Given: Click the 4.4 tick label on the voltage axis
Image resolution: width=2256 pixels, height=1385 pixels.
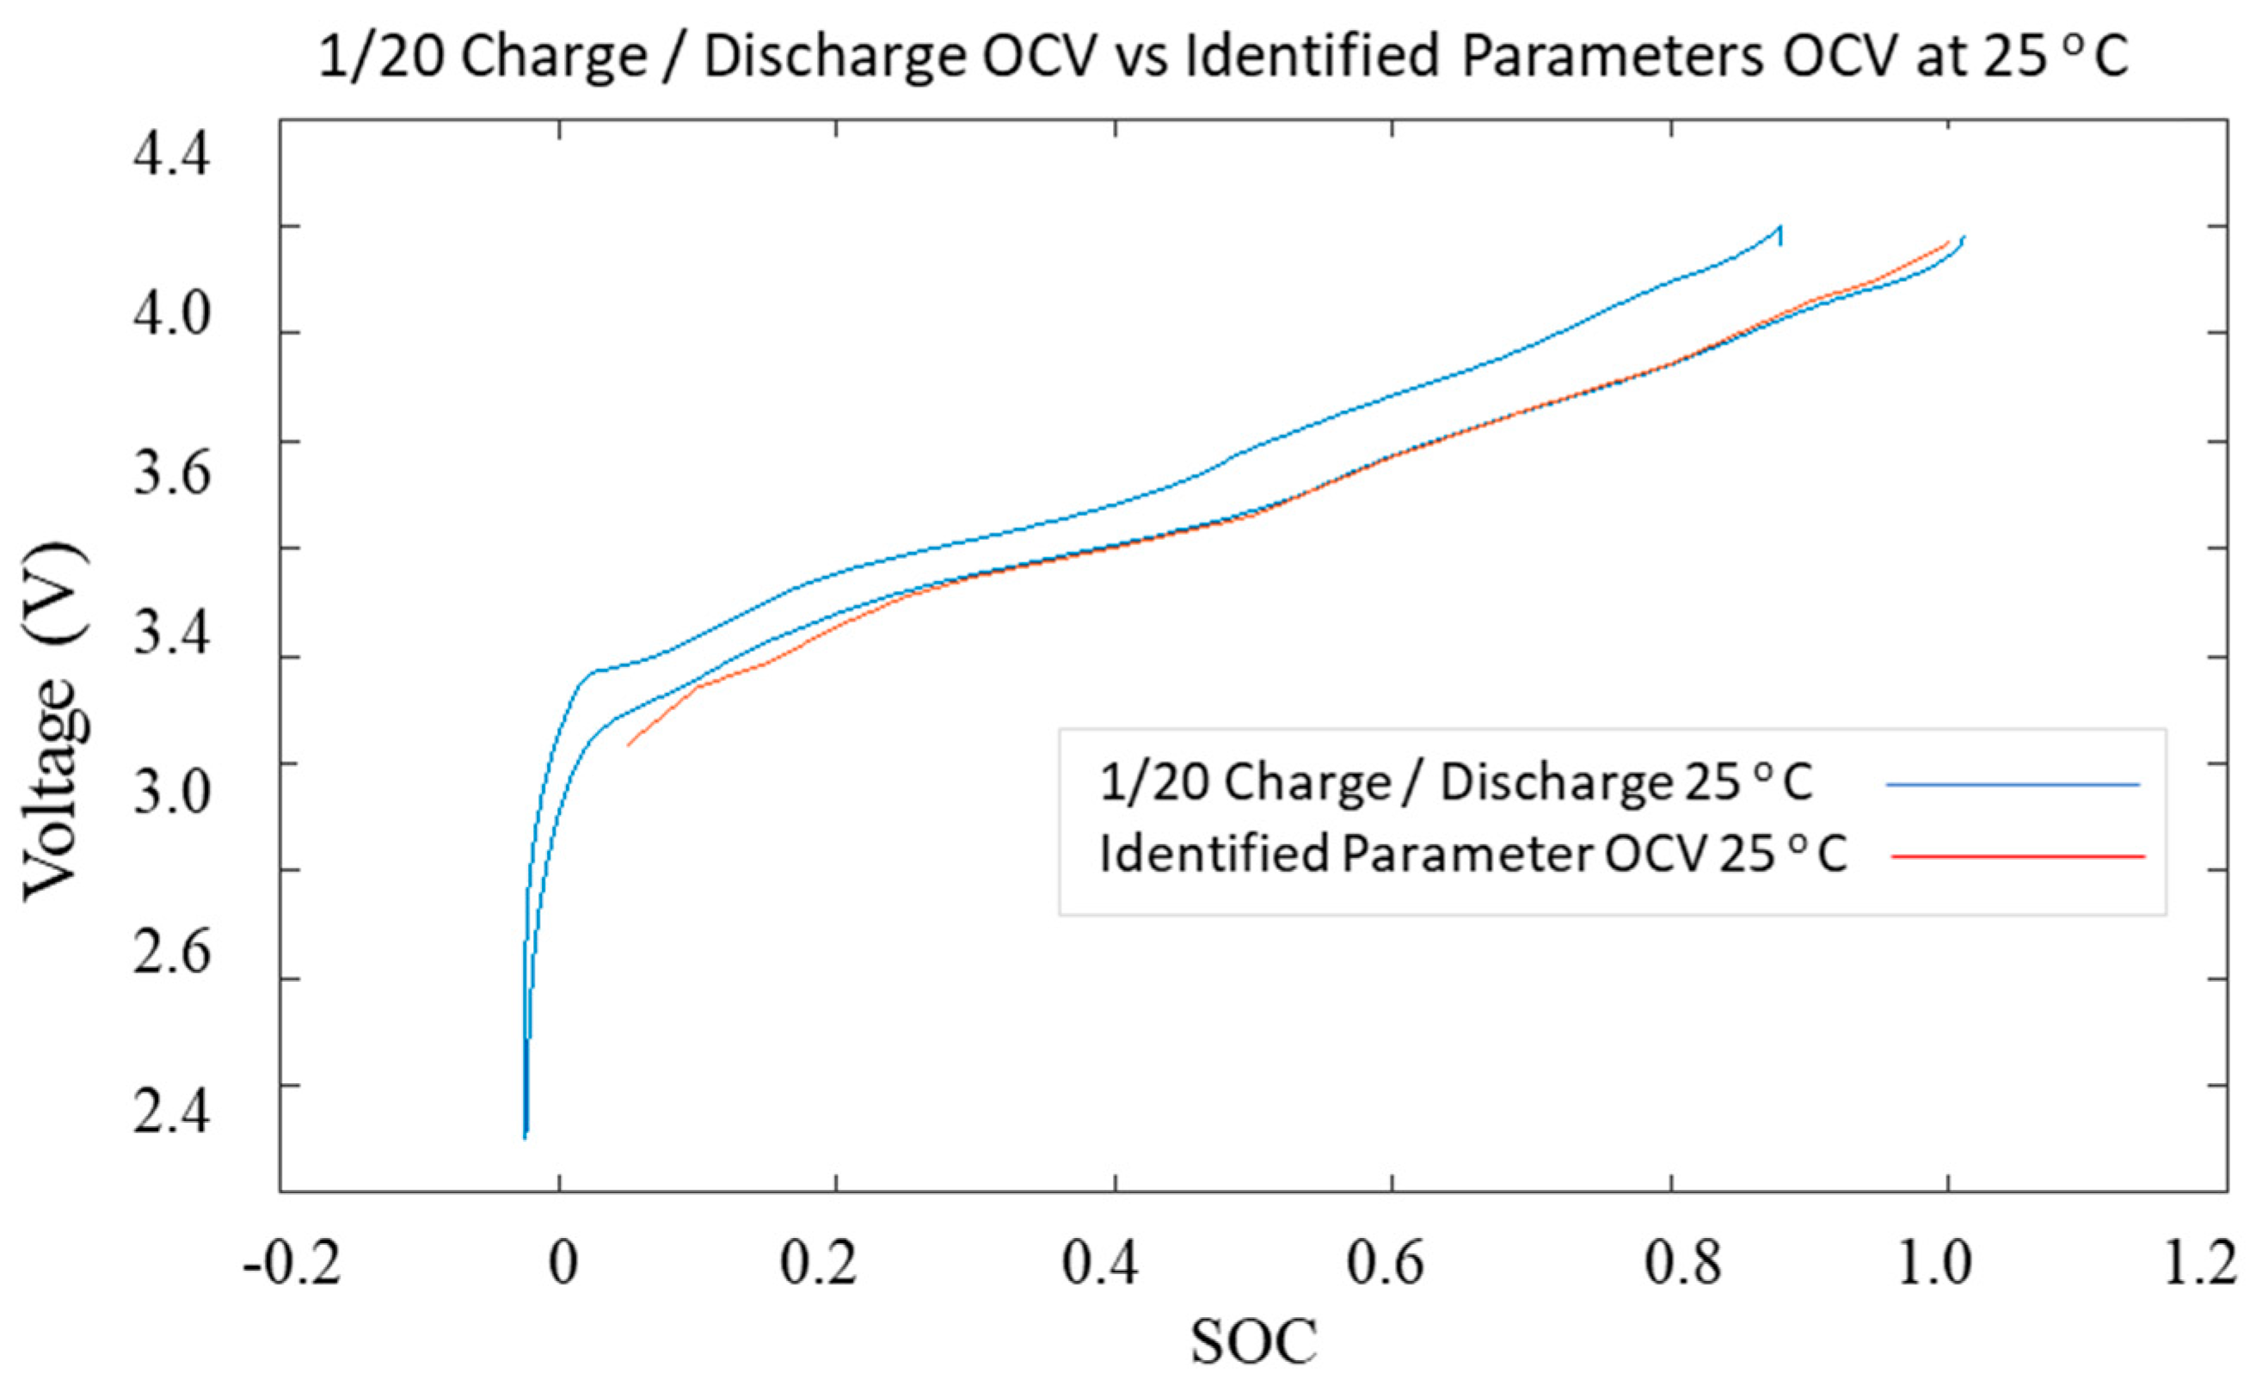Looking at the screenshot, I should pyautogui.click(x=171, y=154).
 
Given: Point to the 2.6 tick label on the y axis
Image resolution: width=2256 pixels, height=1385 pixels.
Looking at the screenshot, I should pyautogui.click(x=171, y=953).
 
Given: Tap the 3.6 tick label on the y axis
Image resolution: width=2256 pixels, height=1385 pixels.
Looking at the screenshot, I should pyautogui.click(x=171, y=474).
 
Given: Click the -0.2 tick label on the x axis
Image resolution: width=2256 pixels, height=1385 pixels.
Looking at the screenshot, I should pyautogui.click(x=292, y=1263).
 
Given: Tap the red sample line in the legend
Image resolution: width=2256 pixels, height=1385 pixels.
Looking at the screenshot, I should pyautogui.click(x=2016, y=856).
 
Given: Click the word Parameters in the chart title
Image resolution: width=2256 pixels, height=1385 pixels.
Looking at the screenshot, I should pyautogui.click(x=1610, y=57).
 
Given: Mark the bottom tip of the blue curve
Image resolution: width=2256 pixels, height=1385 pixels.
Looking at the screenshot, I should pyautogui.click(x=525, y=1136).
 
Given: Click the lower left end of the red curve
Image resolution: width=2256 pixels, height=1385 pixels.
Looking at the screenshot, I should pyautogui.click(x=629, y=745).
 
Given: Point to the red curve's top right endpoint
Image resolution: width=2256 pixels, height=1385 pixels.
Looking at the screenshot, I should pyautogui.click(x=1947, y=242).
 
